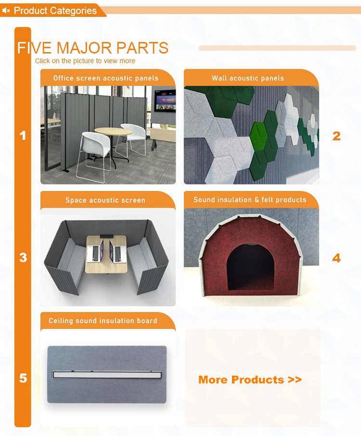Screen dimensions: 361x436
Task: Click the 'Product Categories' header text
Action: [55, 11]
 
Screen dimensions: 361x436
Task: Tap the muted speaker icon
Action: [6, 11]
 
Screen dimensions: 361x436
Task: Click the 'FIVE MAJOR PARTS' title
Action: [93, 48]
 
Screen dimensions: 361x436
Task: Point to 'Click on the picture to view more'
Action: [85, 61]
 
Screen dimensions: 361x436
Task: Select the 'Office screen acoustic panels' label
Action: [106, 78]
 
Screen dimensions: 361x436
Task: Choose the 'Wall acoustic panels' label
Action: [248, 78]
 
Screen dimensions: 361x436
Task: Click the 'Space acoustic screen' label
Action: [105, 200]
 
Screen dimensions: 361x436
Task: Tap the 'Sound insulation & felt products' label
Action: [250, 200]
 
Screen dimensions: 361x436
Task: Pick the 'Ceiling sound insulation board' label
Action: [103, 321]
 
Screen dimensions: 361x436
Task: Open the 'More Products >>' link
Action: [250, 380]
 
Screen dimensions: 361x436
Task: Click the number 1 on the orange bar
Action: [23, 136]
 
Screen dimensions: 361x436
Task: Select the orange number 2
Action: [336, 136]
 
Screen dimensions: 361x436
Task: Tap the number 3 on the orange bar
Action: [23, 258]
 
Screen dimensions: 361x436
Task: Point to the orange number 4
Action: [336, 258]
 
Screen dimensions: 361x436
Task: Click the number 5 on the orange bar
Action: [23, 378]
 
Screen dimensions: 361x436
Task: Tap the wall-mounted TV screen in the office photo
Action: [165, 101]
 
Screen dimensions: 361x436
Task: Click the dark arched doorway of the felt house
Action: [251, 267]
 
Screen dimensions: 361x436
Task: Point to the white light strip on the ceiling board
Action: [107, 375]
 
